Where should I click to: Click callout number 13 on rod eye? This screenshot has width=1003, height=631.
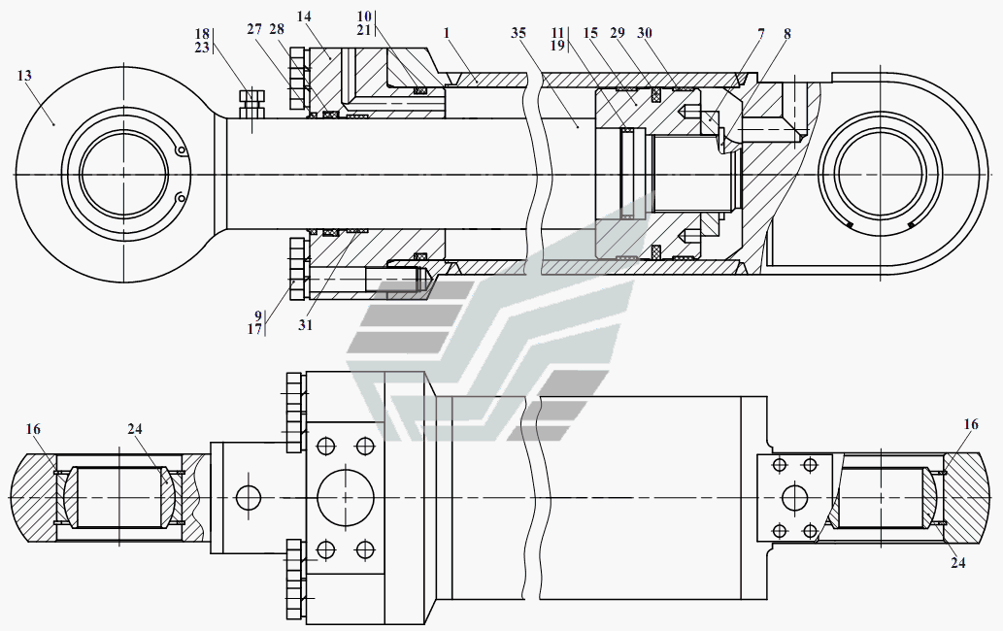pos(24,76)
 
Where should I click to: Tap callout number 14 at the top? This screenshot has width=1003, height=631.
pos(304,17)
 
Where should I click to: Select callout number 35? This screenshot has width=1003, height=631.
pos(518,33)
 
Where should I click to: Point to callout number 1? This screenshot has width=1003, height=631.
pos(447,33)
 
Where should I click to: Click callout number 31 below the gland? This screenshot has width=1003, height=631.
pos(305,325)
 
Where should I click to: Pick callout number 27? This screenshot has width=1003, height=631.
pos(254,29)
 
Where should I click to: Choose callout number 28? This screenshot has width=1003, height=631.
pos(277,29)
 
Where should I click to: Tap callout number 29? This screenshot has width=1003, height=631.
pos(618,33)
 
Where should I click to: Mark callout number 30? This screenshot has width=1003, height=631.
pos(645,33)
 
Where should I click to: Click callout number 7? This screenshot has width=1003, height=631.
pos(761,33)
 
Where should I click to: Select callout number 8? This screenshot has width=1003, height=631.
pos(786,33)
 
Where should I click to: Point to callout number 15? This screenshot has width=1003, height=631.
pos(590,33)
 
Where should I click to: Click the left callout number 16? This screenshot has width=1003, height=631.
pos(33,429)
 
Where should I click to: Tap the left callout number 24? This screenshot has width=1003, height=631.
pos(134,429)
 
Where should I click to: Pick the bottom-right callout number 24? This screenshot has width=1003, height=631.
pos(957,563)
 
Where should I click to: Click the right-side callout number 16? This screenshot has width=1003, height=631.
pos(970,424)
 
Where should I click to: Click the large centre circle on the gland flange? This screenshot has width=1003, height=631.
pos(346,497)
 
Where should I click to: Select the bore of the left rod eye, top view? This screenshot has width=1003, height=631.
pos(124,174)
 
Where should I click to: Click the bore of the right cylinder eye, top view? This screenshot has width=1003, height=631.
pos(880,174)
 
